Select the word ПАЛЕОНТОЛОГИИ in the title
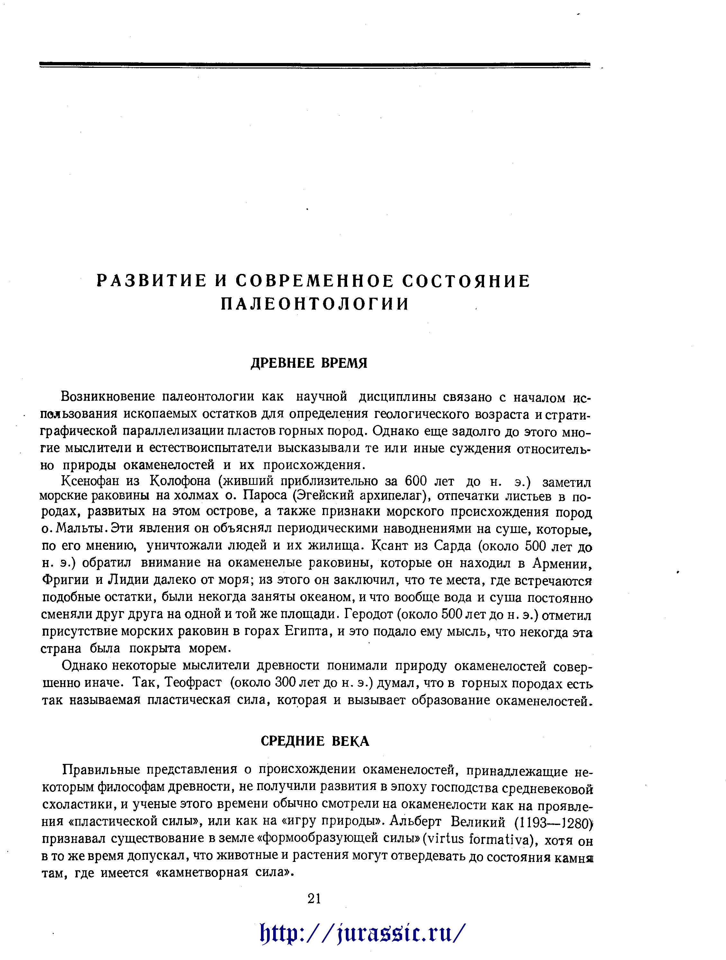[x=315, y=304]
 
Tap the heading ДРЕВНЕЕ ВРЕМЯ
[x=309, y=363]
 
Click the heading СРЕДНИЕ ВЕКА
[x=315, y=741]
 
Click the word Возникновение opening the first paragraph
[x=108, y=397]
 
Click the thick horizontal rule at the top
[x=315, y=65]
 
